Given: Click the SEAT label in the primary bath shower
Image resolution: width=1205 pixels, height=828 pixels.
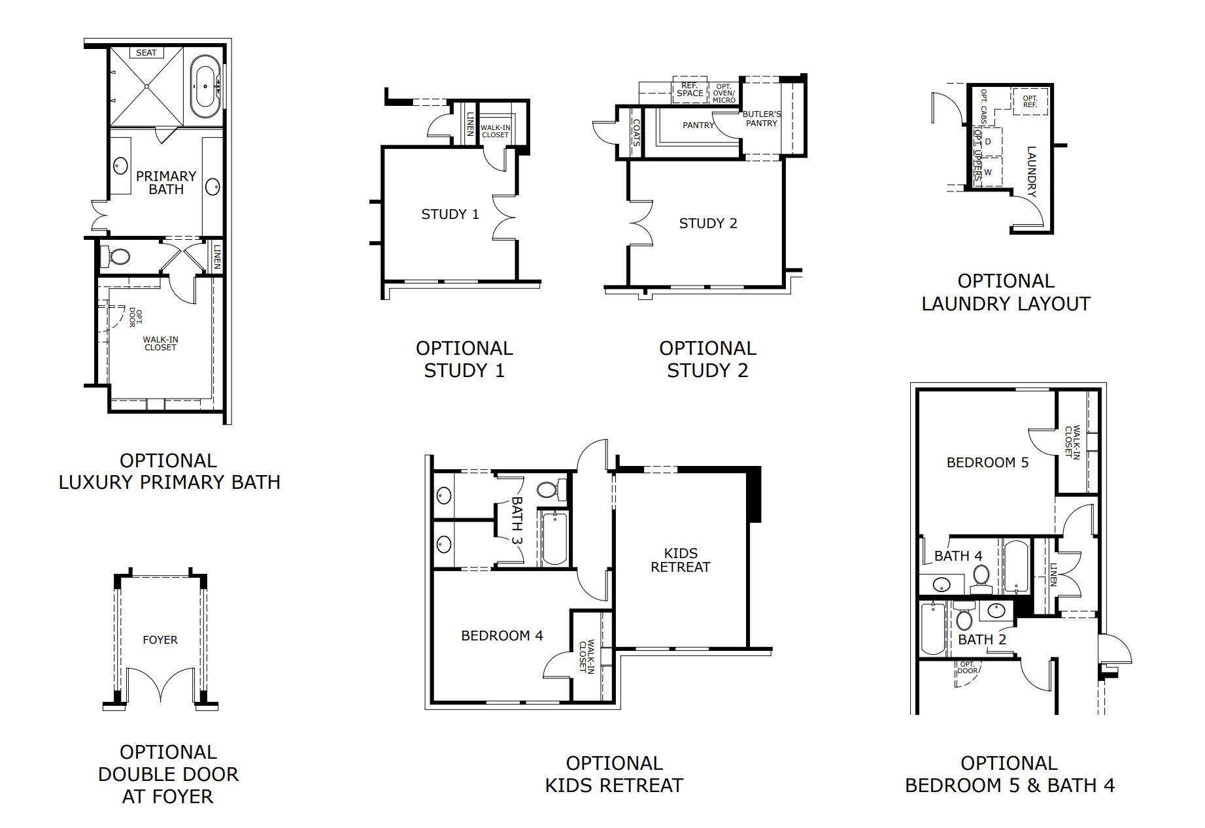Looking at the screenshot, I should point(146,53).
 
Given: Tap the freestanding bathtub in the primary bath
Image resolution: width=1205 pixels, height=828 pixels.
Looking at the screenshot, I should point(205,86).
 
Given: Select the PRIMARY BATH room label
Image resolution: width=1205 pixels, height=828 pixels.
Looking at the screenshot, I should point(166,183).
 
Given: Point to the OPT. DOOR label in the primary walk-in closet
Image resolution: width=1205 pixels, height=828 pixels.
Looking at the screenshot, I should point(135,318).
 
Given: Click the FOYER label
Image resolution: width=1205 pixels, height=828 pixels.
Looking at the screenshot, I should point(160,640).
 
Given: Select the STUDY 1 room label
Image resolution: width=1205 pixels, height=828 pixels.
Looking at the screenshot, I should point(450,214).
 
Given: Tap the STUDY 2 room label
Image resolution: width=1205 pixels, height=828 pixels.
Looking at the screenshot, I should point(708,224).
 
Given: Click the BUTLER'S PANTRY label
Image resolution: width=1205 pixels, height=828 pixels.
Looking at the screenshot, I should point(762,118).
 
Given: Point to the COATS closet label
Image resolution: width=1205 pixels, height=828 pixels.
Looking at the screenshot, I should point(636,132).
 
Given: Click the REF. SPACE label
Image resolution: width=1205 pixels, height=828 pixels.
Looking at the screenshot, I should point(690,90).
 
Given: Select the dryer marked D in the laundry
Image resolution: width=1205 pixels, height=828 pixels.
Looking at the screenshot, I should point(988,142).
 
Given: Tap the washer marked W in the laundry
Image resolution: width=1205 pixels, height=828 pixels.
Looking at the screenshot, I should point(988,173).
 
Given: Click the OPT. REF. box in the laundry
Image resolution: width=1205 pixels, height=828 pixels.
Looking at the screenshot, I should point(1030,101).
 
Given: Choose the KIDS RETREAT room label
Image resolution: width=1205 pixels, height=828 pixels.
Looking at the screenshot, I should point(681,561).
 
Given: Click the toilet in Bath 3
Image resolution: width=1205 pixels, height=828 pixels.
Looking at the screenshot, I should point(549,489).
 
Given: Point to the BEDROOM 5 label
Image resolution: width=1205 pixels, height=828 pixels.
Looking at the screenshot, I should point(987,463).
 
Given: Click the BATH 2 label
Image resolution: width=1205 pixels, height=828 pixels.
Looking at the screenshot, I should point(981,640).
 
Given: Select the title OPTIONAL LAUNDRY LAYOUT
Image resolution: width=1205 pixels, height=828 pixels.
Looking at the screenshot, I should point(1006,292).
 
